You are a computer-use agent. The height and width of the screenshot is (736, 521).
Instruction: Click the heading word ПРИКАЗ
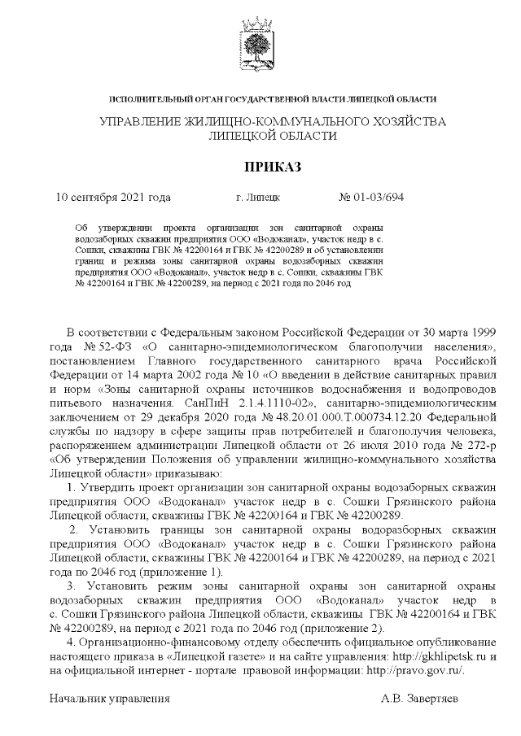coord(260,168)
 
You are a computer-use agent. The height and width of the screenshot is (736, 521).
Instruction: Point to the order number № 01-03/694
coord(370,198)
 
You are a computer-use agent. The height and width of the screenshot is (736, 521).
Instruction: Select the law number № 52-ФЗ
coord(104,348)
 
